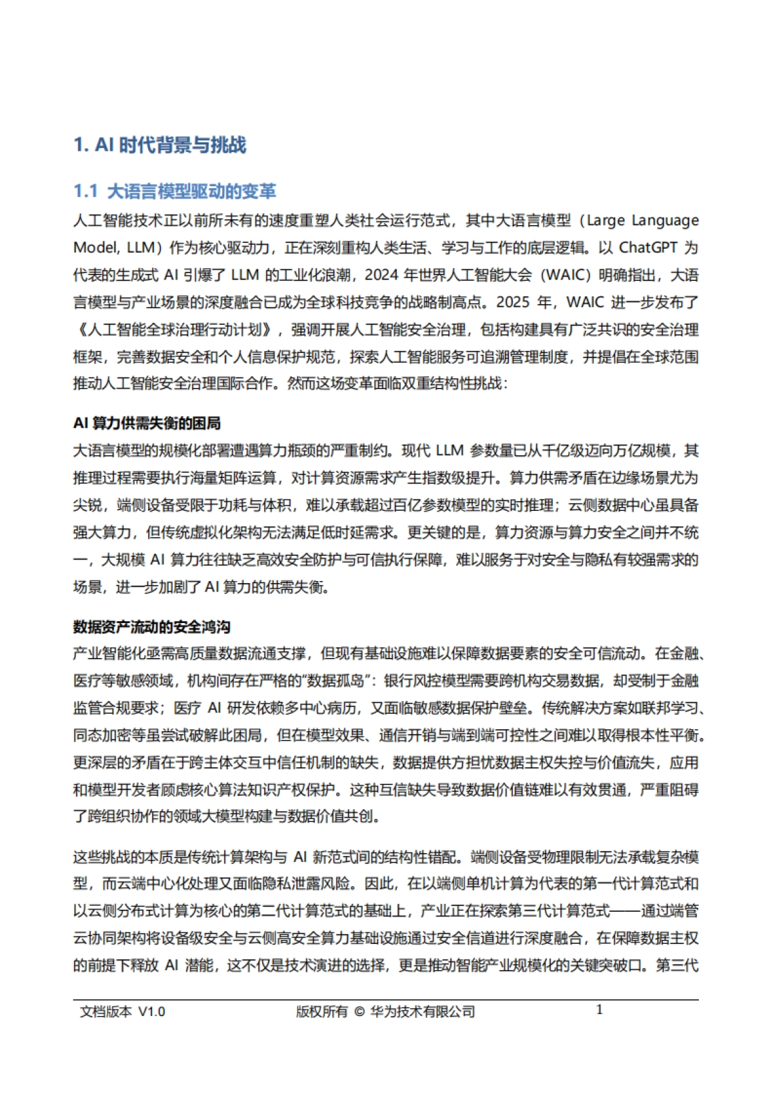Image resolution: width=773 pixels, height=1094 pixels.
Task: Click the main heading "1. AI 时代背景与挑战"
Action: (160, 145)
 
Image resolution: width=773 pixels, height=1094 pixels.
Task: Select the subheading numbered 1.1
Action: (175, 191)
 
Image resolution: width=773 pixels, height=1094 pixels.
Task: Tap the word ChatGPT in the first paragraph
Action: (648, 248)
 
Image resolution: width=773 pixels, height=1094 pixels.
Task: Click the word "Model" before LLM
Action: (95, 248)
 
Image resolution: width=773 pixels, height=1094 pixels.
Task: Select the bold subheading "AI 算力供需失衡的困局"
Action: (147, 423)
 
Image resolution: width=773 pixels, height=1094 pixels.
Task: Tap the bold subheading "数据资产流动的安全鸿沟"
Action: (151, 627)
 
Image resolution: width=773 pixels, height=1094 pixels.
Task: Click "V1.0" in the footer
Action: (152, 1012)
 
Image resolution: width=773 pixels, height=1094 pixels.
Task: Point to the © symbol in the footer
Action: (359, 1012)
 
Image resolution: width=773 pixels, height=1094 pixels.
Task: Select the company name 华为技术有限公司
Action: (423, 1012)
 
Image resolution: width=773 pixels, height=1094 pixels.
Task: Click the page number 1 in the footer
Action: (599, 1010)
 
